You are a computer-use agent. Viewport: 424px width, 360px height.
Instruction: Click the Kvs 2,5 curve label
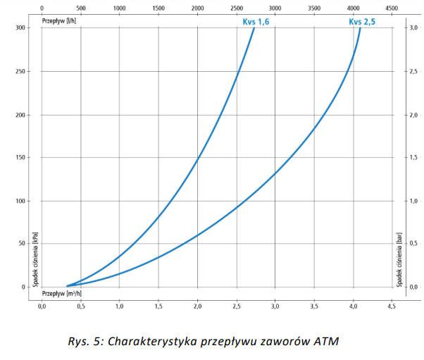click(361, 22)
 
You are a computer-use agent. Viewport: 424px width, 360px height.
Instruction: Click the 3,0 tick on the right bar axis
click(415, 28)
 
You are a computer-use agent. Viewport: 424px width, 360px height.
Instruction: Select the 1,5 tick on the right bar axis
click(415, 158)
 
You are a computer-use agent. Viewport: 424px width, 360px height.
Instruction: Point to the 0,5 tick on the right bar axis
click(415, 244)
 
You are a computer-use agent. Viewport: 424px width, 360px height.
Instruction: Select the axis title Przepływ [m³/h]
click(61, 292)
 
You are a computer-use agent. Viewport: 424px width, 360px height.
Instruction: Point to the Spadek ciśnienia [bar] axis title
click(399, 256)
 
